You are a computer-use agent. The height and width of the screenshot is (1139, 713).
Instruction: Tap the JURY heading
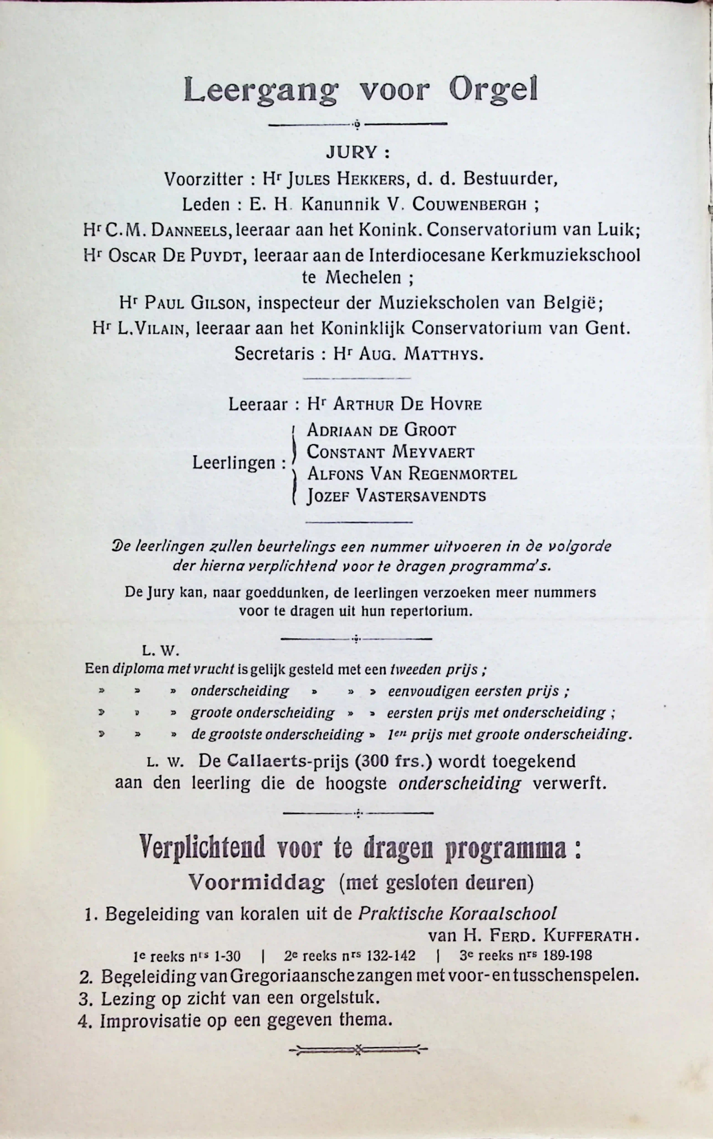[x=357, y=152]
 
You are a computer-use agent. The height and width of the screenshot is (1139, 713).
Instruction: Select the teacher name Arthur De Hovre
[x=407, y=404]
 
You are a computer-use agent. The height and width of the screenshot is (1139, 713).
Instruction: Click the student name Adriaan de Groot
[x=381, y=430]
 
